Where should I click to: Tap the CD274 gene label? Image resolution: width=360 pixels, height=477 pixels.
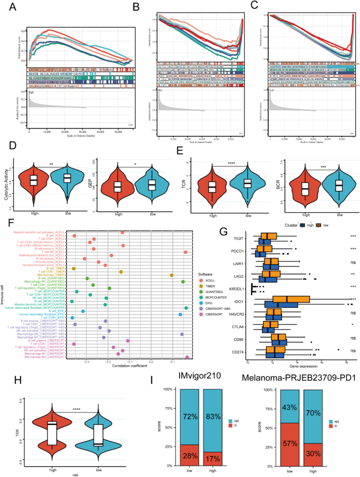tap(243, 349)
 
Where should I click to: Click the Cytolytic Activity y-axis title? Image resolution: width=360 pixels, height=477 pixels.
tap(12, 185)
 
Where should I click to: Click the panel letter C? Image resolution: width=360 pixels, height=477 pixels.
tap(258, 6)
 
